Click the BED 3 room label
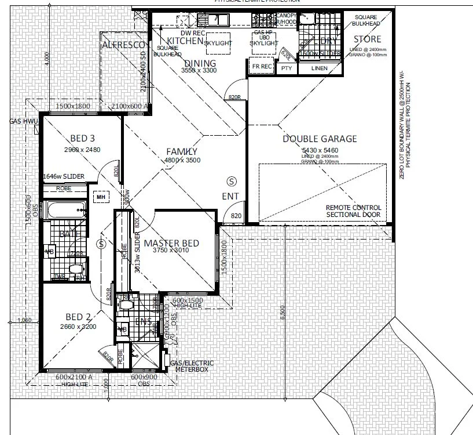click(x=82, y=139)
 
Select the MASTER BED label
click(x=171, y=243)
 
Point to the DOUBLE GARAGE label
click(x=320, y=139)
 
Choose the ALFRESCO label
click(x=124, y=45)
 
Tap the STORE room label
click(x=368, y=39)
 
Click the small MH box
click(x=101, y=197)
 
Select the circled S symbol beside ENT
click(x=231, y=181)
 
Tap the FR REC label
click(x=262, y=67)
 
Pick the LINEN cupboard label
click(x=319, y=68)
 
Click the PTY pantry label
click(x=286, y=68)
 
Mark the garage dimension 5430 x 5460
click(x=319, y=150)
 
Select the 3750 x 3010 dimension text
click(x=171, y=252)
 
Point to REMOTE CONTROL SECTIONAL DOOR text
click(x=353, y=211)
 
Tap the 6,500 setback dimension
click(x=282, y=313)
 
